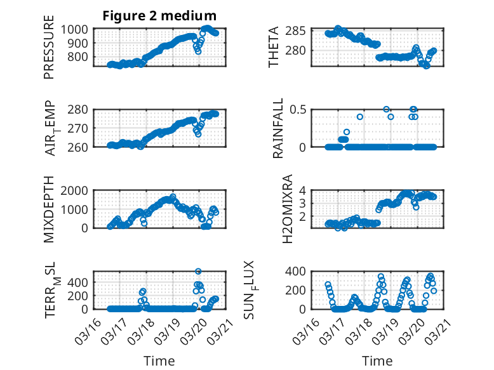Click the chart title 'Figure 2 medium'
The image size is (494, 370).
pyautogui.click(x=159, y=15)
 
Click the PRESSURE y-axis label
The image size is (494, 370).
pyautogui.click(x=49, y=51)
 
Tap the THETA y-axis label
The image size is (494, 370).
pyautogui.click(x=274, y=47)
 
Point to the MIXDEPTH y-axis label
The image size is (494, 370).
pyautogui.click(x=49, y=209)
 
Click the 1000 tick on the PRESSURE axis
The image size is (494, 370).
pyautogui.click(x=76, y=29)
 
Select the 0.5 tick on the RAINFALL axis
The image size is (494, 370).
pyautogui.click(x=300, y=109)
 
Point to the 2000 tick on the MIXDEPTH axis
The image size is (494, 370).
pyautogui.click(x=76, y=190)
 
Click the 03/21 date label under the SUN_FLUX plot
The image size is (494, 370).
pyautogui.click(x=437, y=331)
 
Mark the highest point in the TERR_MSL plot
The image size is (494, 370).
pyautogui.click(x=198, y=272)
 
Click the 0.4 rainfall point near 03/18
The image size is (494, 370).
pyautogui.click(x=360, y=117)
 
